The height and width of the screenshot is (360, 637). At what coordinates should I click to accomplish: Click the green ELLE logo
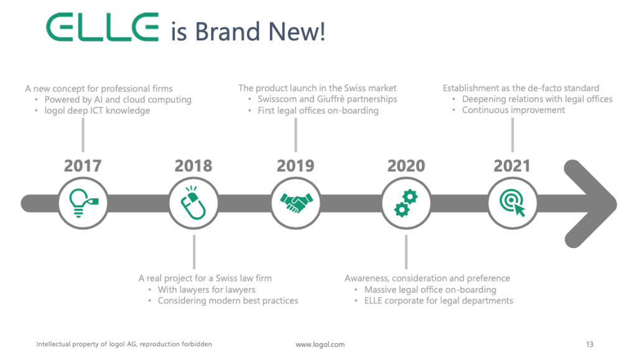pyautogui.click(x=102, y=27)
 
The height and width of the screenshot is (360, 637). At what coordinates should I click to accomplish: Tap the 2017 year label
pyautogui.click(x=83, y=165)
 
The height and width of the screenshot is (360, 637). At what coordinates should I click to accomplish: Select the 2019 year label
pyautogui.click(x=295, y=165)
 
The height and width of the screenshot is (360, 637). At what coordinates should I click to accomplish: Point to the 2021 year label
pyautogui.click(x=512, y=165)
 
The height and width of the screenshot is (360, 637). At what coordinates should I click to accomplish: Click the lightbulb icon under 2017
pyautogui.click(x=83, y=203)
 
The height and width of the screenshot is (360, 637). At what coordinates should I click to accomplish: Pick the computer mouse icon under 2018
pyautogui.click(x=193, y=203)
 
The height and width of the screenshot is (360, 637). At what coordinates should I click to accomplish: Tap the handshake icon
pyautogui.click(x=296, y=203)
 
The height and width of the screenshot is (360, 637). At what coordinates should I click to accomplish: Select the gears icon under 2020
pyautogui.click(x=406, y=203)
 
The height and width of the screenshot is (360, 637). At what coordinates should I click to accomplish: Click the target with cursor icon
pyautogui.click(x=513, y=203)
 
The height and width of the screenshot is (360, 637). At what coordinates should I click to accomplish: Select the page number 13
pyautogui.click(x=590, y=344)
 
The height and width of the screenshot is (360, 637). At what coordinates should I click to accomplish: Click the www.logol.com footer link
pyautogui.click(x=320, y=344)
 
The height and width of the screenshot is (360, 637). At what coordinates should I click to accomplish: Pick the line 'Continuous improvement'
pyautogui.click(x=513, y=110)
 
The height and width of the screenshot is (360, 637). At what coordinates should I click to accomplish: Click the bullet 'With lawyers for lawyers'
pyautogui.click(x=207, y=290)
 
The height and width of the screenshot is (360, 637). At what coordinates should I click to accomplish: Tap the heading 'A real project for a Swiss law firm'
pyautogui.click(x=205, y=278)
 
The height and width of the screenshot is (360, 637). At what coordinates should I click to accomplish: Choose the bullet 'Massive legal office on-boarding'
pyautogui.click(x=430, y=290)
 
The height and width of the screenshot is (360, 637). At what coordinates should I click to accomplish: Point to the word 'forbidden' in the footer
pyautogui.click(x=197, y=344)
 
